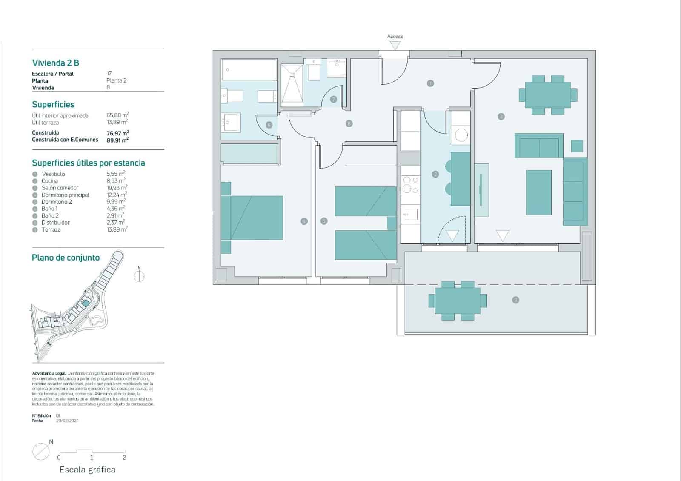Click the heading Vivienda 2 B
tap(56, 63)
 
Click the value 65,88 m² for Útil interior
tap(117, 115)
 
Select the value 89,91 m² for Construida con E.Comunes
tap(117, 140)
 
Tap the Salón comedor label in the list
tap(60, 188)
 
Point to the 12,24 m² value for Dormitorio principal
tap(116, 195)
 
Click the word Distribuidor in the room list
tap(56, 223)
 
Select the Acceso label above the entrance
tap(395, 37)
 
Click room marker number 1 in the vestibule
tap(430, 83)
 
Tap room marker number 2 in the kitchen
tap(435, 174)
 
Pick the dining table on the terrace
tap(458, 301)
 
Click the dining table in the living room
tap(548, 94)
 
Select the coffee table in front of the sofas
tap(539, 192)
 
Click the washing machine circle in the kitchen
tap(461, 135)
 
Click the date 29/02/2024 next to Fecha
tap(67, 421)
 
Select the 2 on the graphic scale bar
tap(124, 458)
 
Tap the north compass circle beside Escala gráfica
tap(41, 451)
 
